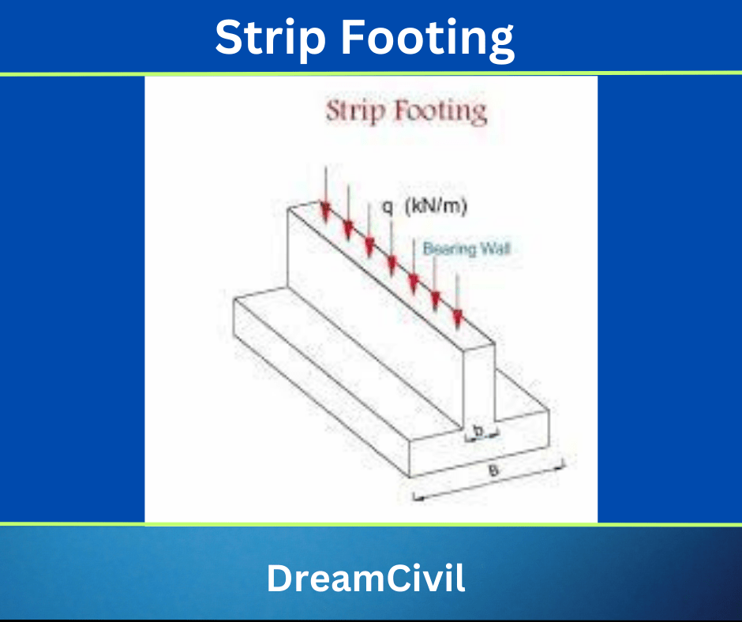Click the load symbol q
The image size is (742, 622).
[388, 208]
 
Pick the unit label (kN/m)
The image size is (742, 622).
[437, 208]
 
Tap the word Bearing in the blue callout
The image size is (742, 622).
[451, 249]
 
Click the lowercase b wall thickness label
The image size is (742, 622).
[478, 431]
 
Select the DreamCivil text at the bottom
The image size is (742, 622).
[365, 579]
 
